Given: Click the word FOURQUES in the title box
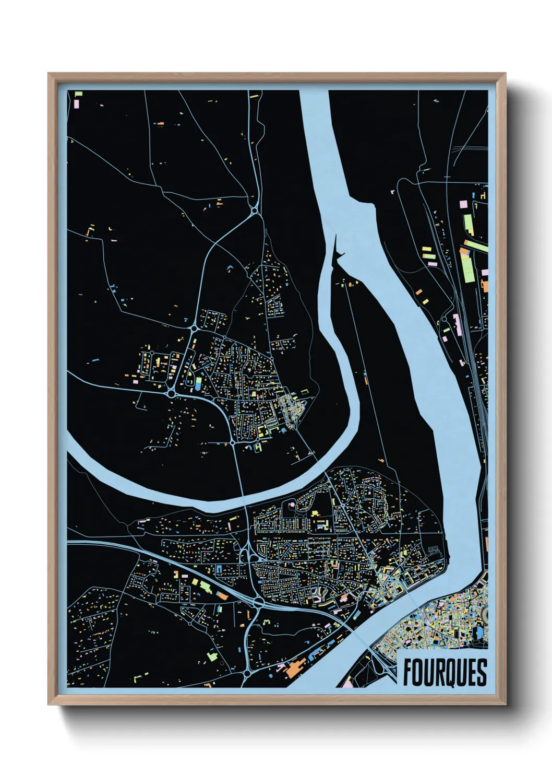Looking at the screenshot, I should (445, 672).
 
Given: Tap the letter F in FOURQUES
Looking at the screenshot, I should (408, 672).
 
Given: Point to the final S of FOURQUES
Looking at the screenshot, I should (482, 672).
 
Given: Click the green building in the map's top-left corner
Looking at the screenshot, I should (79, 95).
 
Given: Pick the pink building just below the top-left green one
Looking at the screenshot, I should (77, 103).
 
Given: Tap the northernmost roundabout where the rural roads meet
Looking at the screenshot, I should (254, 211).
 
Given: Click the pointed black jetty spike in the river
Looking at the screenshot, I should (336, 245).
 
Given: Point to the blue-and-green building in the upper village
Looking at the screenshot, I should (198, 382).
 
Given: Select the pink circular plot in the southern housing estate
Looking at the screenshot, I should (291, 505).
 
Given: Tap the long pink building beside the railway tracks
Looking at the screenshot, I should (458, 324).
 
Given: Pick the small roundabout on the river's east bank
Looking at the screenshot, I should (444, 319).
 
